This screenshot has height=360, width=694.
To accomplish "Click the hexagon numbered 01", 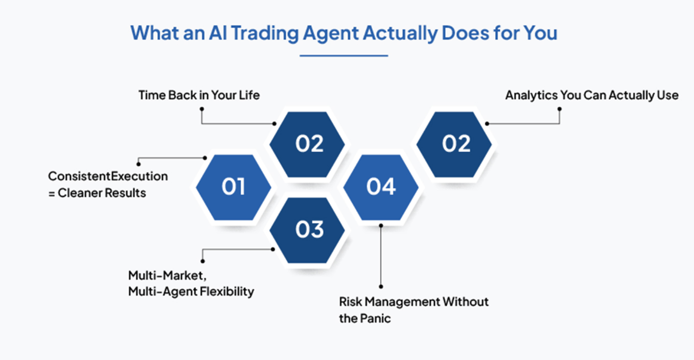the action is click(x=234, y=187).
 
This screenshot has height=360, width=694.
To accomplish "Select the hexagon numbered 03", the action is click(x=308, y=230).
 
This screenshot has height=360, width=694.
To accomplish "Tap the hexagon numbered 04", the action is click(x=381, y=187).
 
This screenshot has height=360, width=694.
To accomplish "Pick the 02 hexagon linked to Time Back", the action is click(x=308, y=144).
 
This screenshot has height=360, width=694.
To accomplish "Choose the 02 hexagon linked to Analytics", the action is click(x=455, y=144).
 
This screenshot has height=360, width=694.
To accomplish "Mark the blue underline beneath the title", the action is click(x=343, y=55).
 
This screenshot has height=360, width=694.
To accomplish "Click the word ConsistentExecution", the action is click(x=108, y=176).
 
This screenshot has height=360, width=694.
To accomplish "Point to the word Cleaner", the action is click(x=83, y=193).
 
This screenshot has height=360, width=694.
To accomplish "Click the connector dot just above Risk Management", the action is click(x=381, y=286).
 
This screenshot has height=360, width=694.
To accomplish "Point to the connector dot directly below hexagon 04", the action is click(x=381, y=224).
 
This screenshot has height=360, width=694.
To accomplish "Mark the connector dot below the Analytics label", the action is click(x=560, y=108).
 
